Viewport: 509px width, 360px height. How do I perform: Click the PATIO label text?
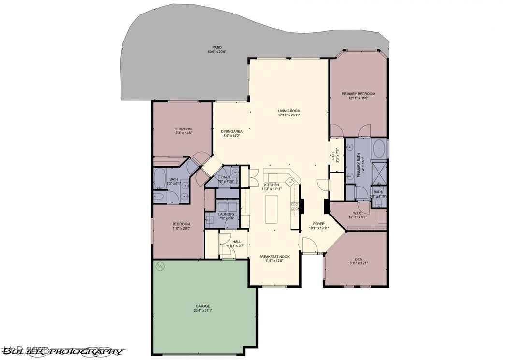[x=217, y=47]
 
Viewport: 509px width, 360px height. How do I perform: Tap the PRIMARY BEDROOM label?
[x=358, y=94]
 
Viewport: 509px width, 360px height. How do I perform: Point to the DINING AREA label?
[x=232, y=131]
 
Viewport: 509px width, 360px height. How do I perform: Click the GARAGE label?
[x=203, y=306]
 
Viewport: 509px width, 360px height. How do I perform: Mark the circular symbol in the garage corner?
[x=160, y=265]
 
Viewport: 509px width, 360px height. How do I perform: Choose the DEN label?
[x=358, y=259]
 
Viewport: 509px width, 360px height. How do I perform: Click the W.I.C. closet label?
[x=358, y=213]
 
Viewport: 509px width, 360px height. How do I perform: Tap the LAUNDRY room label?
[x=226, y=214]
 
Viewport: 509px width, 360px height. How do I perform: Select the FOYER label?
[x=319, y=224]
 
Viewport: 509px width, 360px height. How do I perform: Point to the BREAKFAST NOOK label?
[x=275, y=257]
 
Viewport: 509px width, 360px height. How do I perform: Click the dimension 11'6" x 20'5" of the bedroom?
[x=181, y=229]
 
